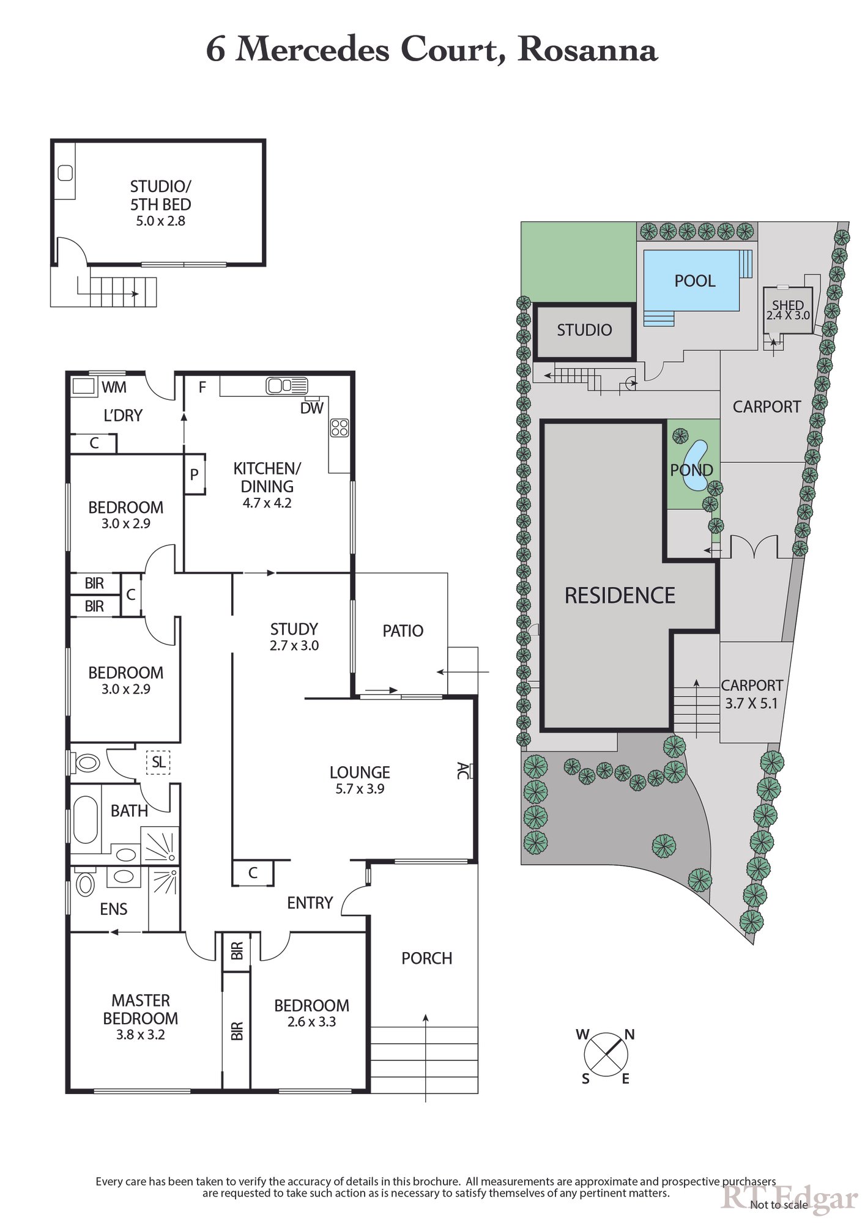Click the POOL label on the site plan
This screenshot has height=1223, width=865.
tap(694, 281)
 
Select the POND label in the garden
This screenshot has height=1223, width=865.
tap(691, 470)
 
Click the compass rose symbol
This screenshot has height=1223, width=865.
tap(606, 1055)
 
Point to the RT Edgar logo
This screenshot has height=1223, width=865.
tap(789, 1199)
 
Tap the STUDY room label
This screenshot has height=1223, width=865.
tap(294, 637)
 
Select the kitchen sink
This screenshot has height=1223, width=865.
tap(286, 386)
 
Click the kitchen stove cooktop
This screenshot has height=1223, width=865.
tap(340, 427)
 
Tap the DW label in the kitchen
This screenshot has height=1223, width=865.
tap(311, 408)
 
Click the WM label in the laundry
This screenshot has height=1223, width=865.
tap(114, 387)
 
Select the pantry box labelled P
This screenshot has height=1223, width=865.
tap(195, 474)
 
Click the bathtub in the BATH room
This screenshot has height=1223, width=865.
tap(86, 819)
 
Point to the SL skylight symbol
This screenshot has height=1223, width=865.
tap(158, 763)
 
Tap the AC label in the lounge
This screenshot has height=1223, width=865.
tap(463, 770)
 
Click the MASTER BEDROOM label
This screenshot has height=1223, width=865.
tap(141, 1017)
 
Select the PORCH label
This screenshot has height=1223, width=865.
tap(426, 958)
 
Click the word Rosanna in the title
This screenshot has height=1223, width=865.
tap(587, 50)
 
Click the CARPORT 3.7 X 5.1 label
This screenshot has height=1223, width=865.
tap(751, 694)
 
